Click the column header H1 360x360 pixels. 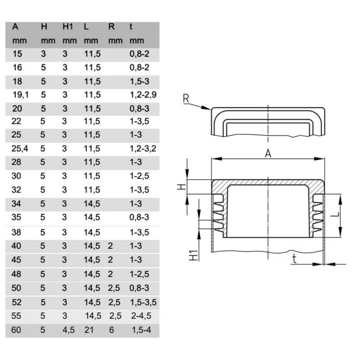67,27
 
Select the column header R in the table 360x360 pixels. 112,27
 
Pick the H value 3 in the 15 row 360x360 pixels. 43,54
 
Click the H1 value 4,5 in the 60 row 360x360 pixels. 69,330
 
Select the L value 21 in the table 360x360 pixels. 89,330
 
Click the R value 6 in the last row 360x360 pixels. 111,330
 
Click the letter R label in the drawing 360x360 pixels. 186,99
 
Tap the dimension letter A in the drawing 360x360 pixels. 268,154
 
